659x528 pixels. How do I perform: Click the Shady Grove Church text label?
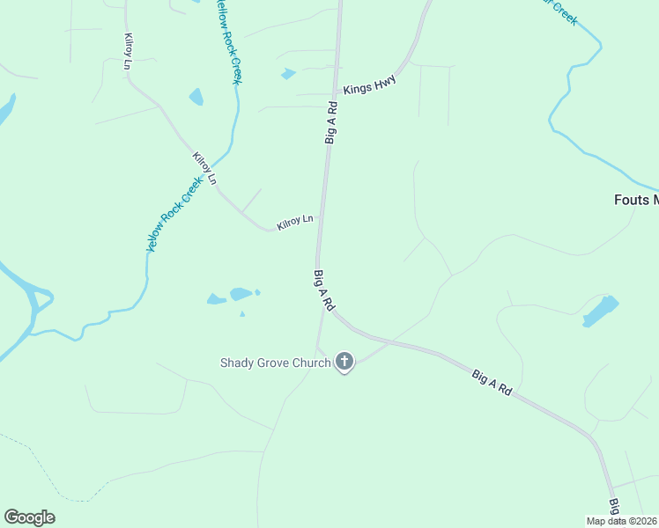tap(274, 362)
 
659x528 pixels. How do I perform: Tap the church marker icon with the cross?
tap(344, 362)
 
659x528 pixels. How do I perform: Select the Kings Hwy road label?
tap(370, 85)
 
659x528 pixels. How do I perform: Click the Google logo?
tap(29, 517)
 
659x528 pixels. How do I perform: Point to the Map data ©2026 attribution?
tap(622, 521)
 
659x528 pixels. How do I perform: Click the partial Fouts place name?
tap(636, 200)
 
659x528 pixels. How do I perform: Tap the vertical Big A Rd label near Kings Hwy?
tap(332, 122)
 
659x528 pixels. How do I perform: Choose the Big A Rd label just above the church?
tap(323, 290)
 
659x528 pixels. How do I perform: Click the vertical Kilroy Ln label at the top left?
tap(129, 51)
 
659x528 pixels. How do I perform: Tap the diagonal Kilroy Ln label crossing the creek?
tap(204, 169)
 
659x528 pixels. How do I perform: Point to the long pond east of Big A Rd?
tap(600, 311)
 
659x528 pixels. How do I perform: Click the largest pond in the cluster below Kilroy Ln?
tap(241, 294)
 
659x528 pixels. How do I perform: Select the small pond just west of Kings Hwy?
tap(288, 74)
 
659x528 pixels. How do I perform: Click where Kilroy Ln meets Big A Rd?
tap(320, 231)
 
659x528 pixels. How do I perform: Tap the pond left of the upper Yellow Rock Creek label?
tap(196, 97)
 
